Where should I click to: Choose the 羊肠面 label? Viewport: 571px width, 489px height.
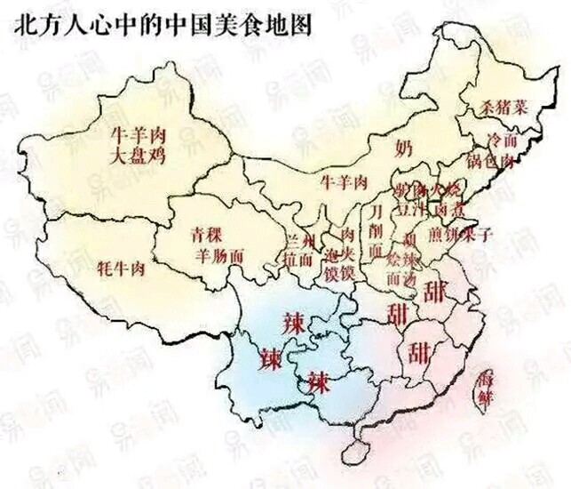(x=218, y=254)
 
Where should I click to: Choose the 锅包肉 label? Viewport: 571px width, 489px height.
(x=491, y=162)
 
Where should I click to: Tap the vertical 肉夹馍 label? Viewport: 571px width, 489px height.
(x=349, y=253)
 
